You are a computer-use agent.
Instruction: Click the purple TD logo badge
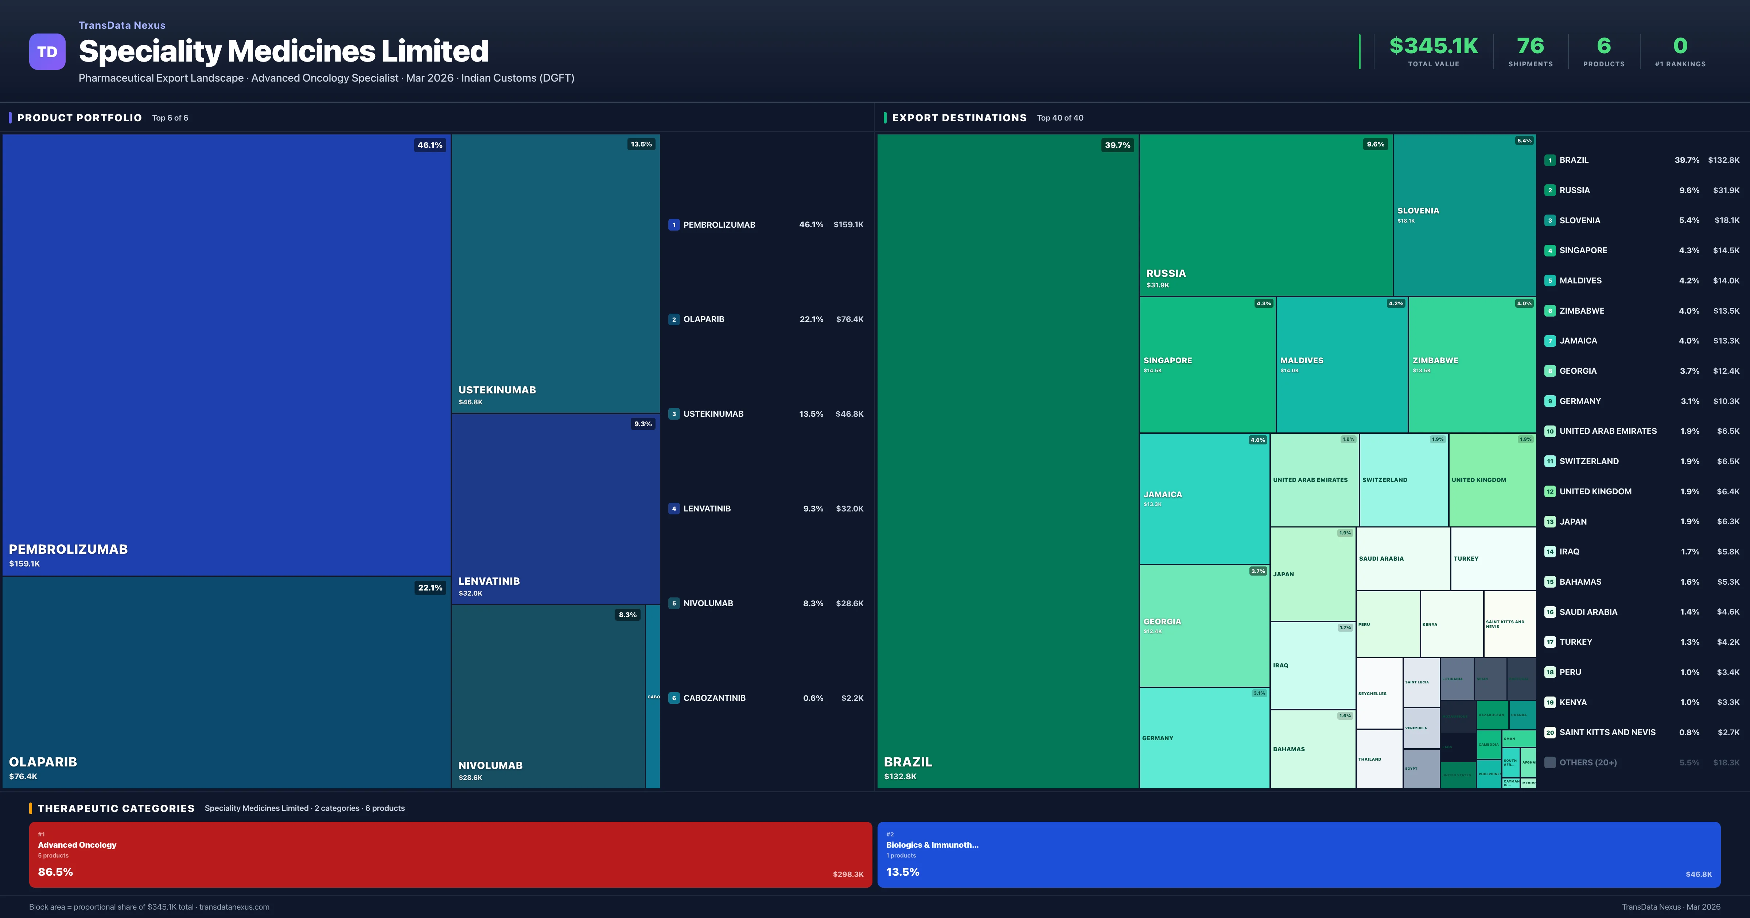tap(47, 52)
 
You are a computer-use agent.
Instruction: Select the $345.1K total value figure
tap(1434, 46)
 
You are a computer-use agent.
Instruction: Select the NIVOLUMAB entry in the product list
tap(708, 603)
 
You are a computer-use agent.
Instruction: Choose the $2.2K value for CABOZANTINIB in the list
tap(852, 698)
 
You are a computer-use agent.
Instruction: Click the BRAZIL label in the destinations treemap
tap(907, 762)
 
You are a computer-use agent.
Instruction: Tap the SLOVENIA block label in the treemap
tap(1418, 211)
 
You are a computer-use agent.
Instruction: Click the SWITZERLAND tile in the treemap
tap(1404, 480)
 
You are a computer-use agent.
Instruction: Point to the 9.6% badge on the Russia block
tap(1375, 144)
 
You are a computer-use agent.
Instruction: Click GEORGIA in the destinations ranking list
tap(1578, 371)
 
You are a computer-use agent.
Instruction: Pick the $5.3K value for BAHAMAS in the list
tap(1728, 582)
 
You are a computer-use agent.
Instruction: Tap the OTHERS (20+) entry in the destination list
tap(1588, 762)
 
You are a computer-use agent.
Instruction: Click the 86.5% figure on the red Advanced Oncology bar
tap(55, 872)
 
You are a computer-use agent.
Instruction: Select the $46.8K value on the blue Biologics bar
tap(1698, 875)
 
